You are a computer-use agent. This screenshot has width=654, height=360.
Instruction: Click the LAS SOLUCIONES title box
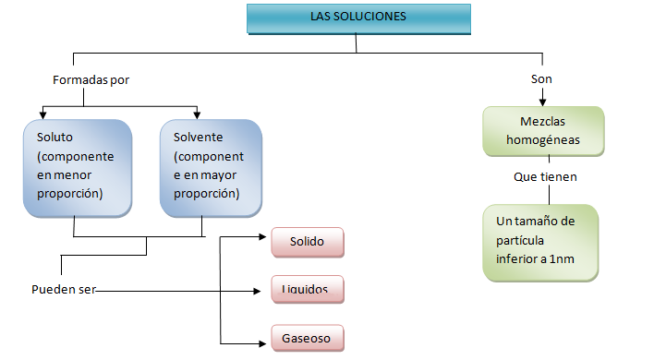pyautogui.click(x=358, y=18)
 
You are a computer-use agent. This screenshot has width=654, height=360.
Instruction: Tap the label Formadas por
pyautogui.click(x=91, y=79)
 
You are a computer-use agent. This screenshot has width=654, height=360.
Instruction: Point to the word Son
pyautogui.click(x=541, y=79)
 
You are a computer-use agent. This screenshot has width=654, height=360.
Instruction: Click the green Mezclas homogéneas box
pyautogui.click(x=543, y=131)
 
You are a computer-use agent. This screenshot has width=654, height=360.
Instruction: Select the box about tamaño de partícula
pyautogui.click(x=540, y=241)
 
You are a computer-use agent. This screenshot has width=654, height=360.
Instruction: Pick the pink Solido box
pyautogui.click(x=308, y=242)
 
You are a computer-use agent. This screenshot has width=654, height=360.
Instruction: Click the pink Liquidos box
pyautogui.click(x=308, y=290)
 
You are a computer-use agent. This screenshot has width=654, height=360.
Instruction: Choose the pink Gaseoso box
pyautogui.click(x=308, y=337)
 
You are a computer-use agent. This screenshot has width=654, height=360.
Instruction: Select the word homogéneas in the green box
pyautogui.click(x=543, y=140)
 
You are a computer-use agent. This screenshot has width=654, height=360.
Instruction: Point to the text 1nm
pyautogui.click(x=560, y=258)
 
